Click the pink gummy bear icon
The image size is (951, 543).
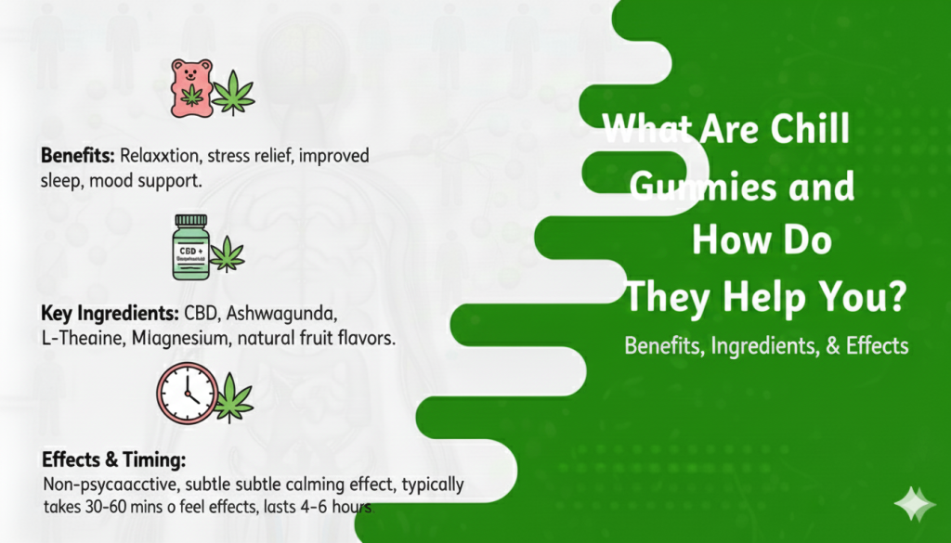pyautogui.click(x=191, y=87)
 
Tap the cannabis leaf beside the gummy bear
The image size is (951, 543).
pyautogui.click(x=233, y=91)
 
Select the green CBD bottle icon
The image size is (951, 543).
pyautogui.click(x=190, y=247)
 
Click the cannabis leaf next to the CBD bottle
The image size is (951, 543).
pyautogui.click(x=227, y=254)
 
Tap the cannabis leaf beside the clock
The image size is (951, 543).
pyautogui.click(x=233, y=399)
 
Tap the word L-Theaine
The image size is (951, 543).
pyautogui.click(x=79, y=339)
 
